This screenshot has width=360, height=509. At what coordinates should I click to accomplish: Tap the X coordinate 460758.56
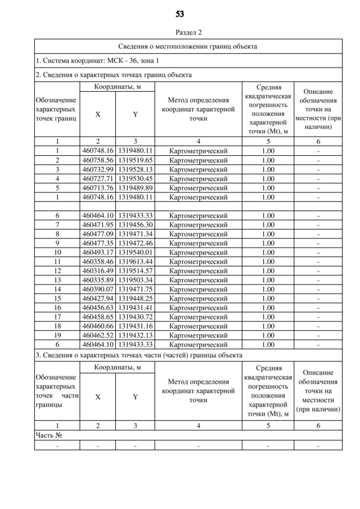(98, 160)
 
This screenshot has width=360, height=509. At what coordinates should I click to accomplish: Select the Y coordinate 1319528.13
(135, 169)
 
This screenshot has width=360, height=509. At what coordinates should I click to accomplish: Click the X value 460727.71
(98, 178)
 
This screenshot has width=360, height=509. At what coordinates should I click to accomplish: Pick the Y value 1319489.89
(135, 188)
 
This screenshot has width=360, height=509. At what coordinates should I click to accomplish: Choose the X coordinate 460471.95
(98, 224)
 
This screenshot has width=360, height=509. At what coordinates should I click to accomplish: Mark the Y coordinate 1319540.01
(135, 253)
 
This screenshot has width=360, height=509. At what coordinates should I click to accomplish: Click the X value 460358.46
(98, 262)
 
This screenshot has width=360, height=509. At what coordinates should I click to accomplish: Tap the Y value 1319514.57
(135, 271)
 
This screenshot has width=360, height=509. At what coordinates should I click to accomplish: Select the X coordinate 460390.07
(98, 289)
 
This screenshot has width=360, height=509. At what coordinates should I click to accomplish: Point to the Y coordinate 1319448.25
(135, 298)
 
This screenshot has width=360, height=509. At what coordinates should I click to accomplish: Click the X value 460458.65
(98, 317)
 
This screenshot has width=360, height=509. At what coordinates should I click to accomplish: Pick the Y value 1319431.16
(135, 326)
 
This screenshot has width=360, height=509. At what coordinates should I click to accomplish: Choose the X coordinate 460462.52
(98, 335)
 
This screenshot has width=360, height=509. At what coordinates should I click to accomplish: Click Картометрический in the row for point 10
(198, 253)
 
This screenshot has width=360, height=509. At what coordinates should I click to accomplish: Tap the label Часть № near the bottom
(48, 435)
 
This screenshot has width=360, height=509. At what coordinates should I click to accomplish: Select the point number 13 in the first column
(57, 280)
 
